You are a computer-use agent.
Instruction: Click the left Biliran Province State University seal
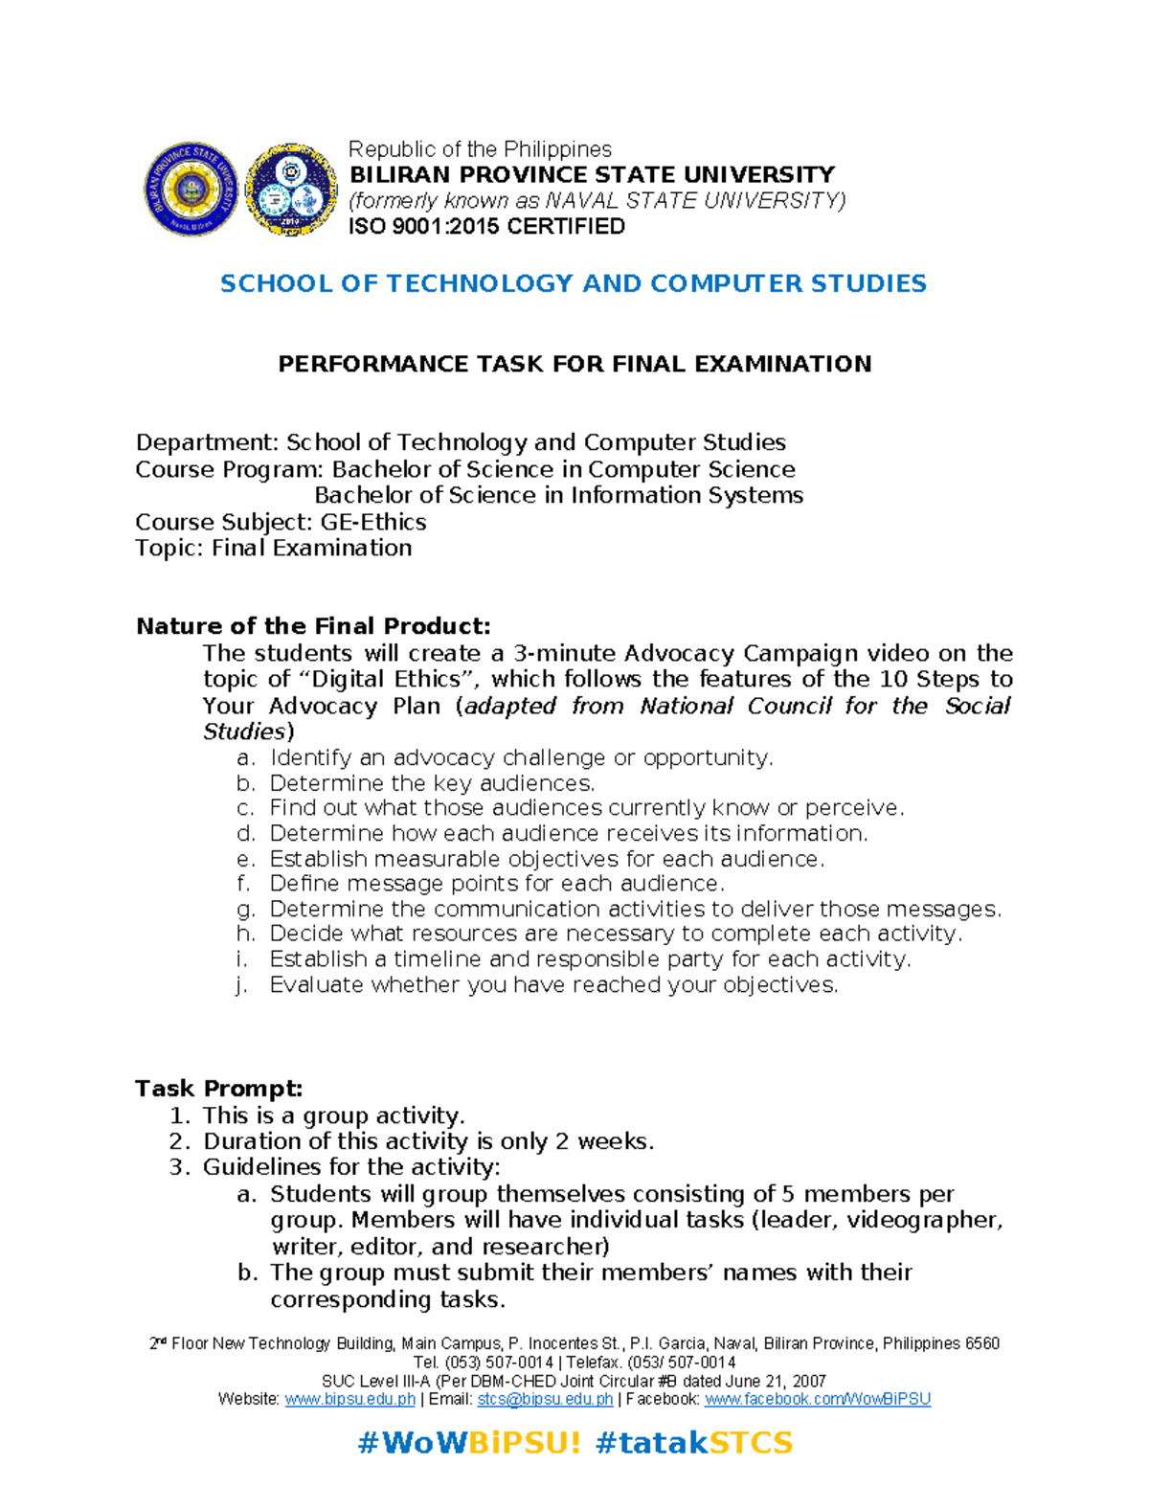pos(191,189)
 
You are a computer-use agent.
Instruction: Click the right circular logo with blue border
pos(291,189)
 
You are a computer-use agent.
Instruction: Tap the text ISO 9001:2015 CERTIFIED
pos(486,227)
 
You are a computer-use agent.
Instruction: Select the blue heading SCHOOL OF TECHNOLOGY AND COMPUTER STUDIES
pos(573,283)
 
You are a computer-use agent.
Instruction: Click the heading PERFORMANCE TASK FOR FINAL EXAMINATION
pos(574,364)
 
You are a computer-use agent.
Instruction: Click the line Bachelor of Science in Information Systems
pos(558,495)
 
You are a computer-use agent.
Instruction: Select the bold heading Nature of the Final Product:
pos(313,626)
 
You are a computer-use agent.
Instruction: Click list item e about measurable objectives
pos(546,859)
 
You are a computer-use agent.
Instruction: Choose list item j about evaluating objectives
pos(552,985)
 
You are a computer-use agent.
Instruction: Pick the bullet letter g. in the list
pos(245,910)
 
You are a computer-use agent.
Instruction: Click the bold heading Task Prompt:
pos(218,1089)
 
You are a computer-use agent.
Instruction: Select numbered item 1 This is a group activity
pos(333,1115)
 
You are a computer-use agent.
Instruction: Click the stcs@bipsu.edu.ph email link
pos(545,1399)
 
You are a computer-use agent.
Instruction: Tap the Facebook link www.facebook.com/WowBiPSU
pos(817,1399)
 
